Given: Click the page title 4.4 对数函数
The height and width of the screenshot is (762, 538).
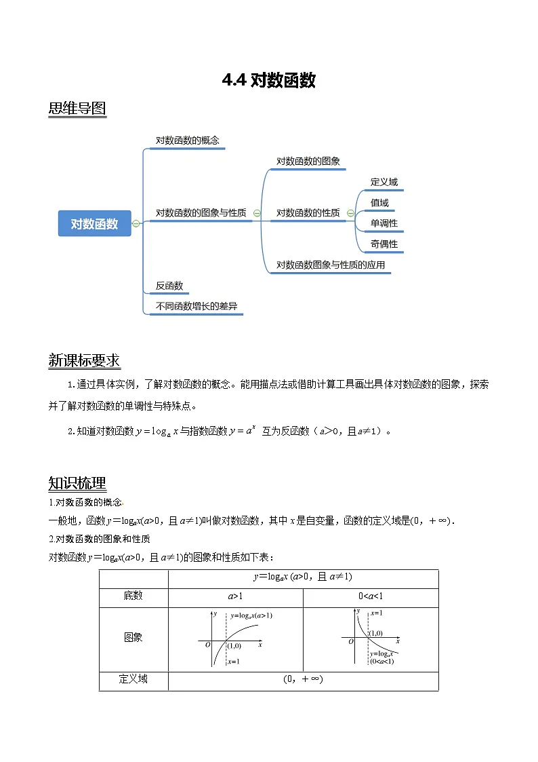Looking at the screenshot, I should [269, 81].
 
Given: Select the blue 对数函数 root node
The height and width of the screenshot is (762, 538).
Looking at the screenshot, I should [94, 223].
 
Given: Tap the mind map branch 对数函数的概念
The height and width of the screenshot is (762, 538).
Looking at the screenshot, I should [188, 140].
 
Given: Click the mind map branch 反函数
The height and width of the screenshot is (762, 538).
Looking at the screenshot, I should [169, 286].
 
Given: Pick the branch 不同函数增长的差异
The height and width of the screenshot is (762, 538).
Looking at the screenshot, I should [196, 306].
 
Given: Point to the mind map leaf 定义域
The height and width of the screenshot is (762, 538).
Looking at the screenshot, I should [384, 182].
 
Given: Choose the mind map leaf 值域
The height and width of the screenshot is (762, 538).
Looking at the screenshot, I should [379, 202].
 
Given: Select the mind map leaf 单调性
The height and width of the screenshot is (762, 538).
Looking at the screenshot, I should [384, 223].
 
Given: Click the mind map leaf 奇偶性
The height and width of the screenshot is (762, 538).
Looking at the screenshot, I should [384, 244].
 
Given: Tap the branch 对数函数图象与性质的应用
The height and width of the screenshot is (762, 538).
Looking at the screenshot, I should [331, 265].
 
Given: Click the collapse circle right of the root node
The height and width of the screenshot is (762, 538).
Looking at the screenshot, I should [136, 223].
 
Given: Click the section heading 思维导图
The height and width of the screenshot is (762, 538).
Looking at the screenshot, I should [77, 109].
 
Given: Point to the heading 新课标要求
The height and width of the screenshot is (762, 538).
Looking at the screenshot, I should [84, 360].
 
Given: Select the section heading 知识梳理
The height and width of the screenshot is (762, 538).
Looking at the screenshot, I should [77, 483].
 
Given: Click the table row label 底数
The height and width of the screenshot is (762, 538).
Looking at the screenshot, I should [133, 596].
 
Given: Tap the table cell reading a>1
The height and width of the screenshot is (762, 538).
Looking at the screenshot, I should [235, 596].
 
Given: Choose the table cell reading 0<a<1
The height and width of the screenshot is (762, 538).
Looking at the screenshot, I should [371, 596].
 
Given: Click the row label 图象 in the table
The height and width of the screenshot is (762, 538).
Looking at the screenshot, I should [133, 637].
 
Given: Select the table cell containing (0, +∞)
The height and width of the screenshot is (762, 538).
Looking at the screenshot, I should [303, 679].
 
